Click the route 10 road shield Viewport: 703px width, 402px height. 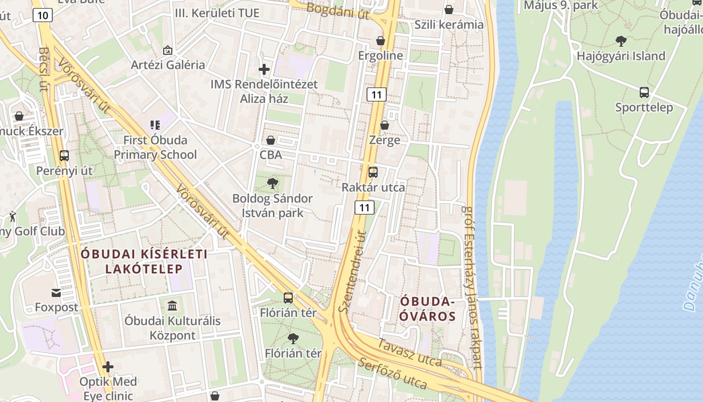(x=43, y=16)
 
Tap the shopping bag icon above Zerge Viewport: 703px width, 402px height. (x=385, y=125)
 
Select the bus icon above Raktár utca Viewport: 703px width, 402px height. (x=373, y=172)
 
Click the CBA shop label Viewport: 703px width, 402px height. (x=271, y=155)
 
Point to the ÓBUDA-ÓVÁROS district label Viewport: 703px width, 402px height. (x=428, y=309)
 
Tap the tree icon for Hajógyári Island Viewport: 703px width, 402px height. (x=621, y=41)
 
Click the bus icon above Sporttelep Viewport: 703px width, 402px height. (x=644, y=92)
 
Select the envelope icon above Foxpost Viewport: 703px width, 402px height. (x=56, y=292)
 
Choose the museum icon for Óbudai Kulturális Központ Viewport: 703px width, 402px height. (x=172, y=306)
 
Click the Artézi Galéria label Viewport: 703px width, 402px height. (x=168, y=65)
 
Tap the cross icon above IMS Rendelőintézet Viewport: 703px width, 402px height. (x=264, y=69)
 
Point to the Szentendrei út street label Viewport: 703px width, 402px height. (x=351, y=271)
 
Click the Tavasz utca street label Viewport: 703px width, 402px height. (x=409, y=353)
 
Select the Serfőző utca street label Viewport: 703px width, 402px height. (x=393, y=374)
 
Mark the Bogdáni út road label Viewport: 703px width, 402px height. (x=337, y=11)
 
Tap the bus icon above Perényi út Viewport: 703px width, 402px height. (x=64, y=156)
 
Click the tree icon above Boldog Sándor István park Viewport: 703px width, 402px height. (x=272, y=183)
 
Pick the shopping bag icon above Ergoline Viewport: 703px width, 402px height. (x=381, y=41)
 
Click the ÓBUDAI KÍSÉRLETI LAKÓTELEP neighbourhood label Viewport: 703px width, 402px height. (x=144, y=261)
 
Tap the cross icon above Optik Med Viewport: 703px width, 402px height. (x=108, y=367)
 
